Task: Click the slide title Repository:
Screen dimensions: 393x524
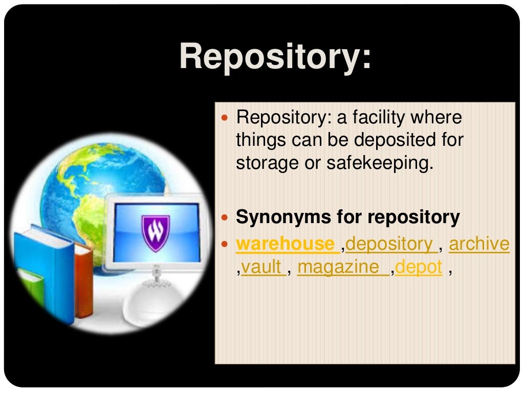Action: pos(275,56)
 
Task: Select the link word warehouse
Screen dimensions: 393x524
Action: pos(285,244)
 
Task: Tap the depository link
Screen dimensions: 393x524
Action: pos(390,244)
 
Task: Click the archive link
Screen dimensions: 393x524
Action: pos(479,244)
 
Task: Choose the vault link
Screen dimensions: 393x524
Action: pos(261,267)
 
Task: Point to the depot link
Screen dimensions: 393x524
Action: pos(419,267)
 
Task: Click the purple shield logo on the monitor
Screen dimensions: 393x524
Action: pos(155,232)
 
